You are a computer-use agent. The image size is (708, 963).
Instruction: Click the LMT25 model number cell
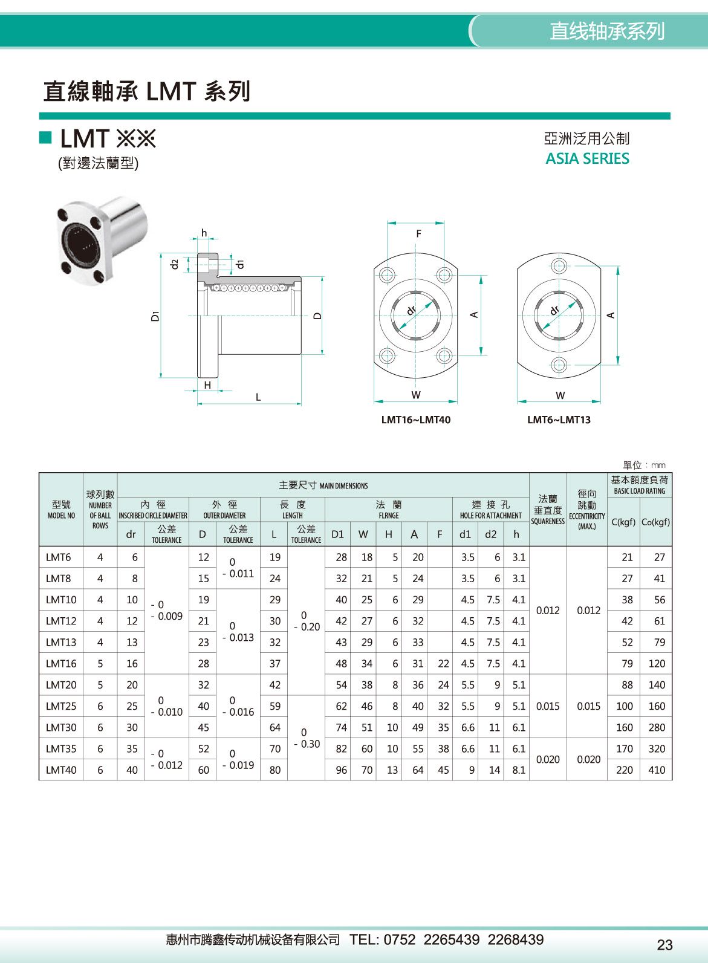coord(61,706)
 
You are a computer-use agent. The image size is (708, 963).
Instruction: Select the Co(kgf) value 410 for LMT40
coord(657,770)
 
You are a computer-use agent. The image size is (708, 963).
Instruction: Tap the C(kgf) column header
coord(623,522)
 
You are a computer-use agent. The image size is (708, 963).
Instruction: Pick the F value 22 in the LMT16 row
coord(443,664)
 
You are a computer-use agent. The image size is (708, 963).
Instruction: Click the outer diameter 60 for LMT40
coord(203,770)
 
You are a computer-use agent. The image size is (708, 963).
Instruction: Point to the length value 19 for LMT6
coord(274,557)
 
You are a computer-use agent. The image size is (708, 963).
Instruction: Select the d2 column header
coord(490,534)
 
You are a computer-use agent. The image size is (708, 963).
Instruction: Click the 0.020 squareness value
coord(548,759)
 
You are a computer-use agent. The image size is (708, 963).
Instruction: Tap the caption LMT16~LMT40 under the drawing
coord(415,420)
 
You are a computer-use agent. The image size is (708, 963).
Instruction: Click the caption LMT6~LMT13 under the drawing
coord(559,420)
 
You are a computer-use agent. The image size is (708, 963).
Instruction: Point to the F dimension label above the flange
coord(418,234)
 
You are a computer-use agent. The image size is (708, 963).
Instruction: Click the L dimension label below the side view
coord(258,397)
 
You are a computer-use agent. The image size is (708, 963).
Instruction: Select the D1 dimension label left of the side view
coord(156,316)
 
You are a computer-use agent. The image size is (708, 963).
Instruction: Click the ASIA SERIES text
coord(587,159)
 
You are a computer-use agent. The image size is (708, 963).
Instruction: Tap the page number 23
coord(664,944)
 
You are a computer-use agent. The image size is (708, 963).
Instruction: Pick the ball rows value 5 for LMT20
coord(100,685)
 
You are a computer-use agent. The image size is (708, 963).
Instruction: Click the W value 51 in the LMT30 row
coord(366,728)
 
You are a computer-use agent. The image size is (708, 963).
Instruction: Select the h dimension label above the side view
coord(204,233)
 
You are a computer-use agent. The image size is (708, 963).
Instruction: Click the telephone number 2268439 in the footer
coord(515,939)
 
